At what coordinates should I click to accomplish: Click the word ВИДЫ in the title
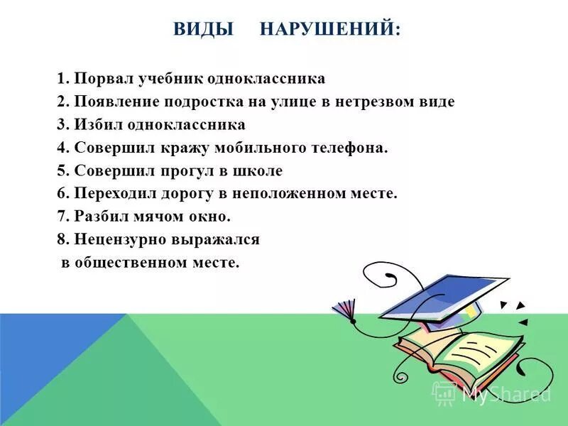click(204, 29)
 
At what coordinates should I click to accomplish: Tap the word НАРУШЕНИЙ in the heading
click(329, 29)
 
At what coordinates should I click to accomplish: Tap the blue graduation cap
click(440, 295)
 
